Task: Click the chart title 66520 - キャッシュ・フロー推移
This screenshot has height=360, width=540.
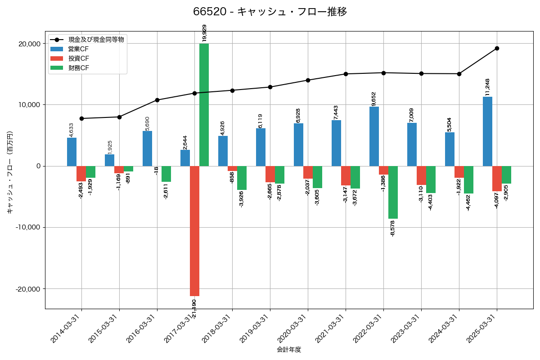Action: [270, 12]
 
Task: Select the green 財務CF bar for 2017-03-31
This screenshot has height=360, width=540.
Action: [204, 104]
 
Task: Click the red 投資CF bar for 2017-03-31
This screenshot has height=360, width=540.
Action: [194, 231]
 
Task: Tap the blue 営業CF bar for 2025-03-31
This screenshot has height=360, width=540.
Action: [487, 131]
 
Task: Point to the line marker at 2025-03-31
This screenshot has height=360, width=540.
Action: [497, 48]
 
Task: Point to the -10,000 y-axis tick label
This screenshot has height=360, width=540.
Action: [27, 227]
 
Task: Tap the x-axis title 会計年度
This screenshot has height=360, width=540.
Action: [288, 350]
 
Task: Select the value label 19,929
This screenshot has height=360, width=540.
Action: [204, 33]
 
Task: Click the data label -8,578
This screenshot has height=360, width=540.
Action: [393, 228]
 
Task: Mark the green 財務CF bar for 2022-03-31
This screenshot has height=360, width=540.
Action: [393, 192]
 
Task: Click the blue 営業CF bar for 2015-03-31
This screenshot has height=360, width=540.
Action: [109, 160]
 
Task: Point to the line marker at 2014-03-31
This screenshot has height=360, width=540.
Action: [81, 118]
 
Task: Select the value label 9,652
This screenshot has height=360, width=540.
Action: [374, 99]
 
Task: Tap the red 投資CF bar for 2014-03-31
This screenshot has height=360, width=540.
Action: [81, 174]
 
